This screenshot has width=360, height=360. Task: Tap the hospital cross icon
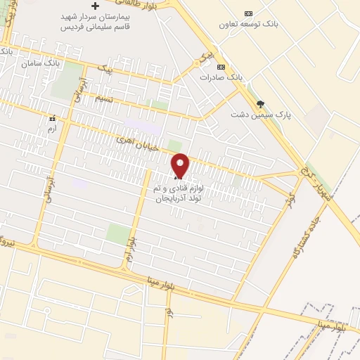tap(96, 6)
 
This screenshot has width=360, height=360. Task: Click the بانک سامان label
tap(43, 63)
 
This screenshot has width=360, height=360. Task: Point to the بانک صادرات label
tap(216, 77)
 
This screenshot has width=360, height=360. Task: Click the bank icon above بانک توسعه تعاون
tap(247, 13)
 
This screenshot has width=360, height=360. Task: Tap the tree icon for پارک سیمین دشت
tap(260, 104)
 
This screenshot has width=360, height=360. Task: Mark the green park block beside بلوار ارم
tap(118, 233)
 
